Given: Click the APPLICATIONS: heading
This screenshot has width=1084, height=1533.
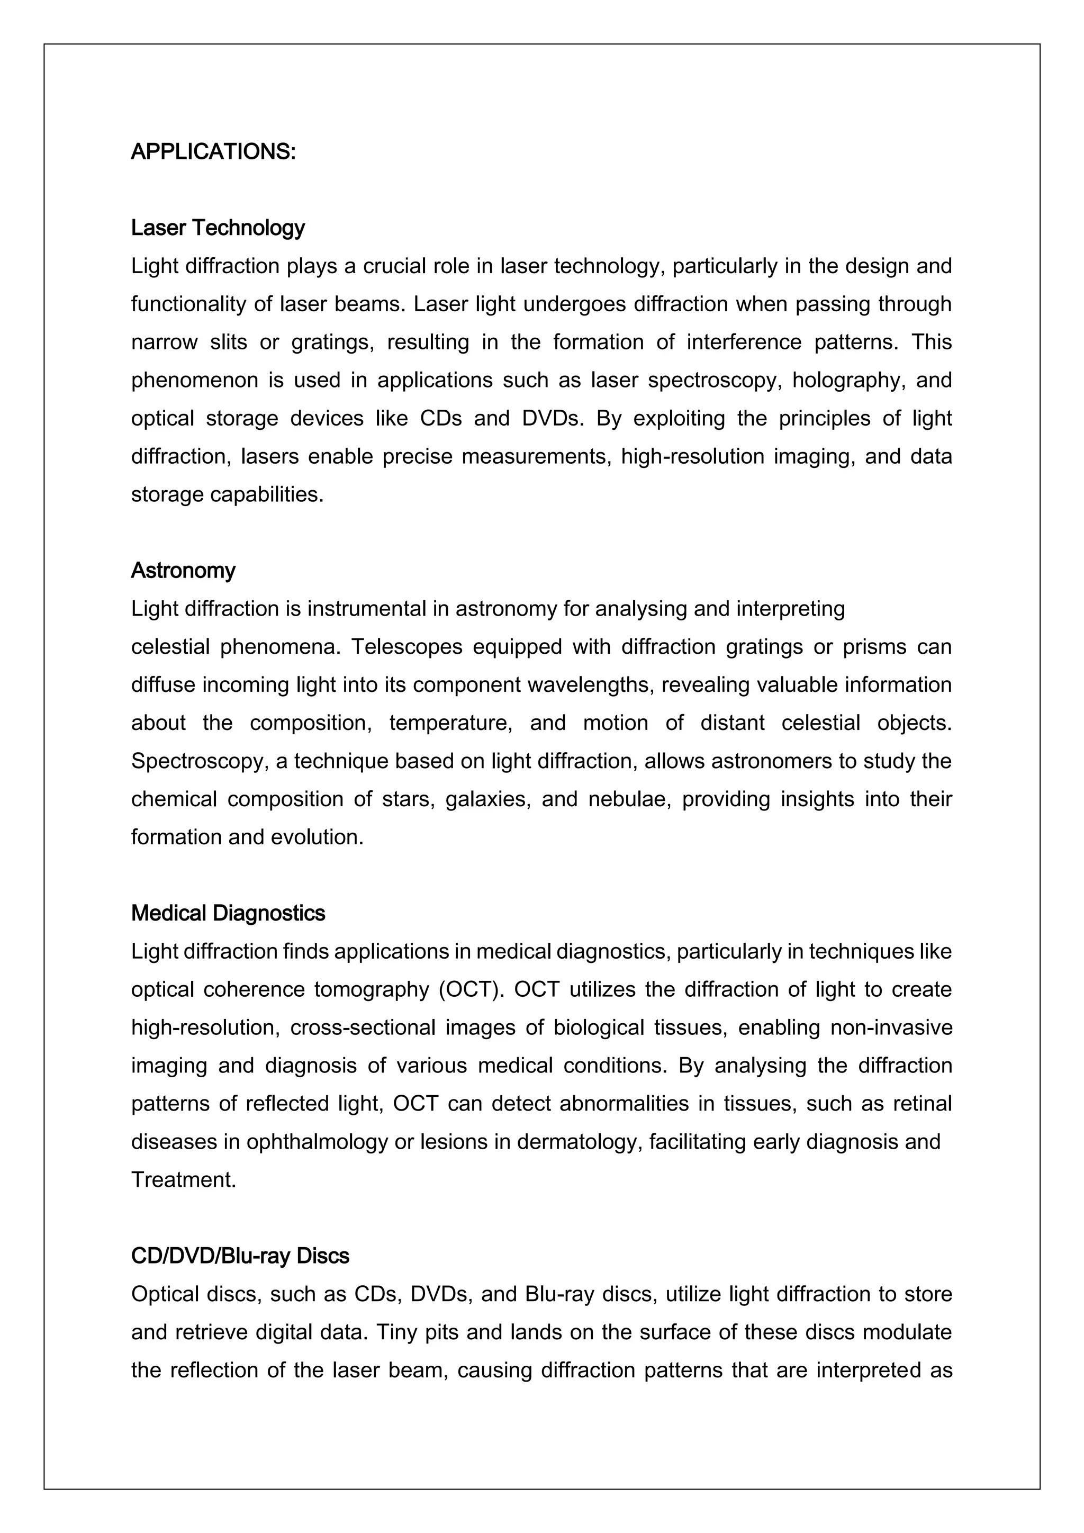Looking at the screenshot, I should pyautogui.click(x=213, y=152).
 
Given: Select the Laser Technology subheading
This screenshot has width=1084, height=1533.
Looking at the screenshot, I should pyautogui.click(x=218, y=228).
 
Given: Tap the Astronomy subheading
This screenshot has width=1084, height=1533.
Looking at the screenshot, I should pyautogui.click(x=183, y=571).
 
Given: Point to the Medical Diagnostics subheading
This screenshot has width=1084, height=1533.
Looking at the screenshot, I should pyautogui.click(x=228, y=913).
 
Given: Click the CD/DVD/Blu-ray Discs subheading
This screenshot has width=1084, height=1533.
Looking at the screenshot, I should pyautogui.click(x=240, y=1256).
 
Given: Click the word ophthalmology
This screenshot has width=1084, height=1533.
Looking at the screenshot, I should pyautogui.click(x=317, y=1142).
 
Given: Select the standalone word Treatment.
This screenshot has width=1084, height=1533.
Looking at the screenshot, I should pyautogui.click(x=184, y=1180).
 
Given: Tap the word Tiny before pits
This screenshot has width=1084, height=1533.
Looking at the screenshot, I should pyautogui.click(x=396, y=1332).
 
